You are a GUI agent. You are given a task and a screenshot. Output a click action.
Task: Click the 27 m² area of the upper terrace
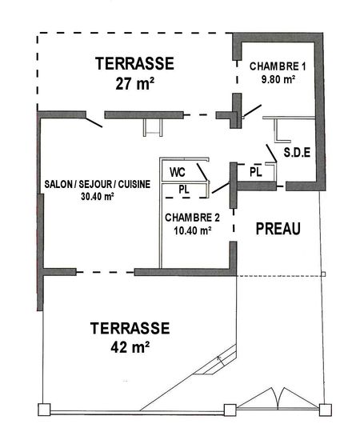(x=135, y=84)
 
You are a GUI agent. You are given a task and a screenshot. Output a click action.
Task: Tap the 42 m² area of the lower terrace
(x=130, y=347)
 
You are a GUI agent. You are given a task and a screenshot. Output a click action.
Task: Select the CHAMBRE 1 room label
(x=278, y=66)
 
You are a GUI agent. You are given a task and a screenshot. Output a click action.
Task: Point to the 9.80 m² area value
(x=278, y=79)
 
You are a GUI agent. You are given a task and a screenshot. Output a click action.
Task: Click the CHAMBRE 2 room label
(x=192, y=218)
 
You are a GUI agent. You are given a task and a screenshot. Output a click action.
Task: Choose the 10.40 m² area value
(x=193, y=230)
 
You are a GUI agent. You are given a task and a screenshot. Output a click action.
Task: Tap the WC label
(x=178, y=172)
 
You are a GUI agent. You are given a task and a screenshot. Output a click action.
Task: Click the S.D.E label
(x=297, y=152)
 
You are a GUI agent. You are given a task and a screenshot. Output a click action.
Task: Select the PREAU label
(x=278, y=229)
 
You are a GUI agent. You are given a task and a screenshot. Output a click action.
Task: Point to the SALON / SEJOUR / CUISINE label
(x=97, y=184)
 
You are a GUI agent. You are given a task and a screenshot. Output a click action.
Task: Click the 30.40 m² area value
(x=98, y=197)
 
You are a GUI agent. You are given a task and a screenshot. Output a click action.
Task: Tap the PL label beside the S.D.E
(x=256, y=172)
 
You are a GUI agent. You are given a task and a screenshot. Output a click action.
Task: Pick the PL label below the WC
(x=184, y=190)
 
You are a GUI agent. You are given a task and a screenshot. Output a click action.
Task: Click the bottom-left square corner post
(x=44, y=410)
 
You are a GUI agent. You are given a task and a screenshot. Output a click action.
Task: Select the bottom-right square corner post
(x=326, y=410)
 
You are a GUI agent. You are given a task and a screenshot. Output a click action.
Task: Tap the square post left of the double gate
(x=230, y=410)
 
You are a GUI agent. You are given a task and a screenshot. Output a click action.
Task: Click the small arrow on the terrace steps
(x=221, y=361)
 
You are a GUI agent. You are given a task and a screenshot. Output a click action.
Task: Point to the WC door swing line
(x=202, y=172)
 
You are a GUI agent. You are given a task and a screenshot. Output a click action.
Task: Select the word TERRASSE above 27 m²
(x=135, y=63)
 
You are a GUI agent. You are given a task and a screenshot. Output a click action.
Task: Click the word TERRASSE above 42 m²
(x=130, y=328)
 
